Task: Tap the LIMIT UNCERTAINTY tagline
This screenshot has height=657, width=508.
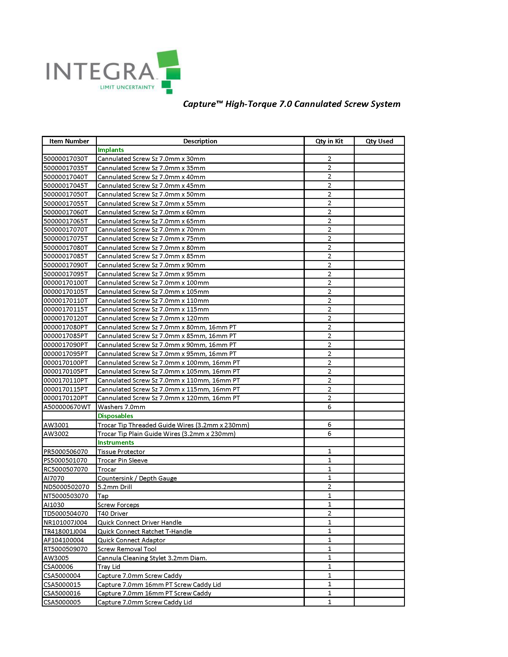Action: [x=127, y=87]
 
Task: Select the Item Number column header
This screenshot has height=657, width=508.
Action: [x=69, y=141]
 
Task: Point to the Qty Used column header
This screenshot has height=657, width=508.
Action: [x=379, y=141]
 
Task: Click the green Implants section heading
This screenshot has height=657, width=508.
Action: [x=111, y=150]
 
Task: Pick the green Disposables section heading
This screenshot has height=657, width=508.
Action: [x=115, y=416]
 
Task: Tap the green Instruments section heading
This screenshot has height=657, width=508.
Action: [x=116, y=442]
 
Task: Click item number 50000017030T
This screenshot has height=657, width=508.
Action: [x=66, y=159]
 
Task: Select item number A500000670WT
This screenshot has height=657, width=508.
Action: [x=67, y=407]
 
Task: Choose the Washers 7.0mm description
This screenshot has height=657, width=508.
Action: [x=121, y=407]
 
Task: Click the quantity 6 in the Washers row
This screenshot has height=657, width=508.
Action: [x=329, y=407]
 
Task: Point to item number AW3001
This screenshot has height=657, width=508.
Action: [x=56, y=425]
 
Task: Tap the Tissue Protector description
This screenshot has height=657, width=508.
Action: [x=121, y=452]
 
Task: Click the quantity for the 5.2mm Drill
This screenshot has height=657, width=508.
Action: [x=329, y=487]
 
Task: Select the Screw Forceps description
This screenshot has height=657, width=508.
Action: [x=118, y=505]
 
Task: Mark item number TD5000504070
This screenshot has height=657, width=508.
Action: [x=66, y=514]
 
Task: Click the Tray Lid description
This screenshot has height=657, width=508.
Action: [x=109, y=567]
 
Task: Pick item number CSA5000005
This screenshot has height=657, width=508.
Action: [x=62, y=602]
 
